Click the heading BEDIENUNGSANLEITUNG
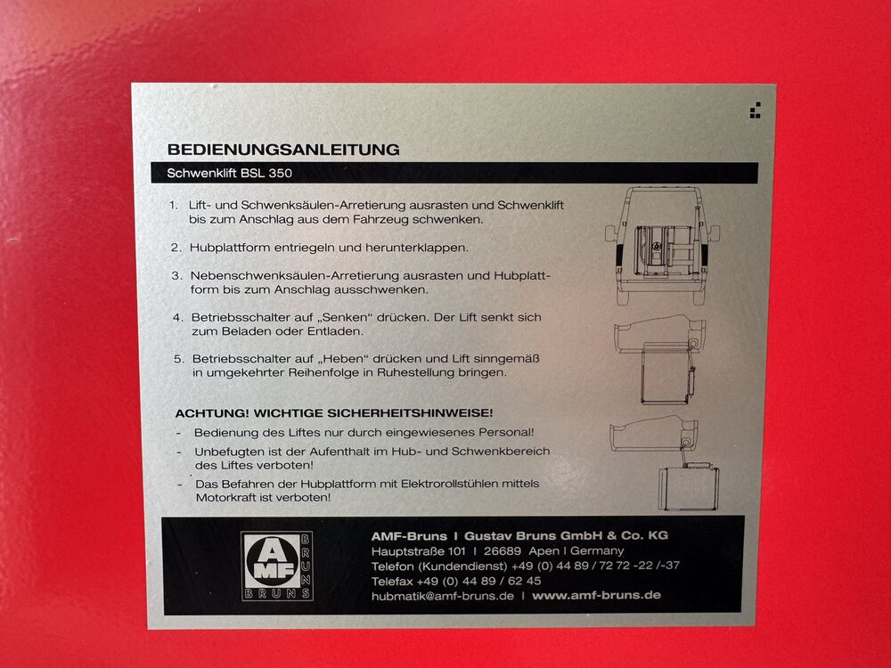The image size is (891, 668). tap(283, 150)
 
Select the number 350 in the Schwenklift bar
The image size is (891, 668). tap(280, 174)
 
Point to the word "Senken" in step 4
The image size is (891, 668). tap(347, 318)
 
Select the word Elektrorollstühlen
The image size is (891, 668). tap(449, 484)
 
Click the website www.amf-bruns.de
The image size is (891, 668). tap(596, 595)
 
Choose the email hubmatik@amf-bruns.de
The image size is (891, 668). tap(443, 596)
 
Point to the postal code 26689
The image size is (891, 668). tap(503, 551)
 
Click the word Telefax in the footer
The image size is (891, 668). tap(392, 581)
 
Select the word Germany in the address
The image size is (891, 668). tap(597, 551)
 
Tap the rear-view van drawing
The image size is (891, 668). tap(663, 245)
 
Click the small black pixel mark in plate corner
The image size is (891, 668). tap(756, 110)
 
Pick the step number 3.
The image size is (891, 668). tap(176, 276)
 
